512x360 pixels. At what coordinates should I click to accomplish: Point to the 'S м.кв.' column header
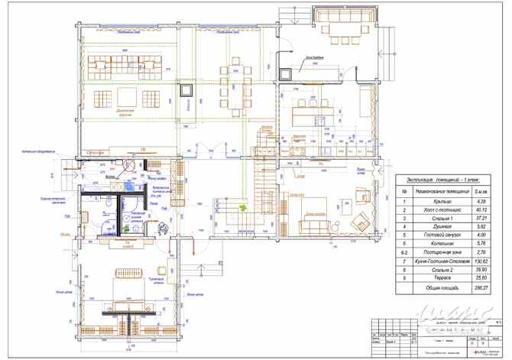(x=481, y=190)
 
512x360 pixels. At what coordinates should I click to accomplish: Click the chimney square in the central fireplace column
(x=186, y=89)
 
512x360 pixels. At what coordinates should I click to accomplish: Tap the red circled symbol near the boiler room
(x=130, y=163)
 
